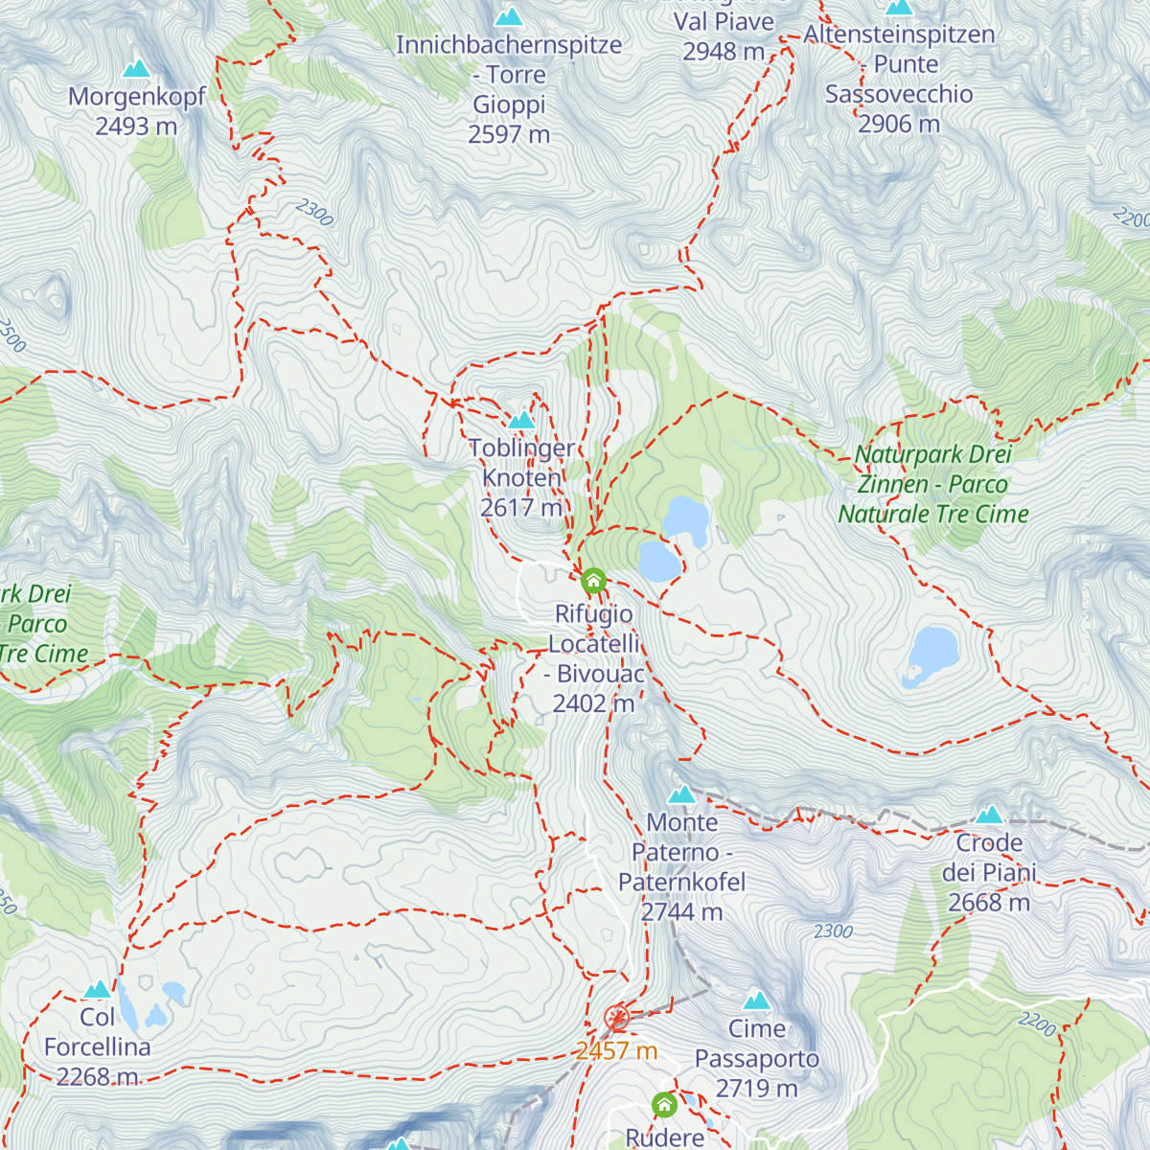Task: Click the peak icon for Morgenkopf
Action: point(137,68)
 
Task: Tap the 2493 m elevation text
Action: point(136,126)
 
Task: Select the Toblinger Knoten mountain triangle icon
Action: point(521,420)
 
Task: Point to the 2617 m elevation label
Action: point(521,507)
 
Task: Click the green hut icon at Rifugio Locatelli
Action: point(593,581)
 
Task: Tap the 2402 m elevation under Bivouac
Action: point(593,703)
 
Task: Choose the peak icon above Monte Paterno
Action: point(681,793)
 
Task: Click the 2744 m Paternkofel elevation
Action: point(681,911)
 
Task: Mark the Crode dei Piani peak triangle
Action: point(989,815)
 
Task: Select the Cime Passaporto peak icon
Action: point(757,1000)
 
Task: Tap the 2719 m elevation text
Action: point(757,1089)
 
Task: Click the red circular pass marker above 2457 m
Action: point(616,1017)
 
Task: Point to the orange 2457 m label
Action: point(616,1051)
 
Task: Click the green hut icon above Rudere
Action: point(664,1105)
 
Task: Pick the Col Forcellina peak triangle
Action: point(97,989)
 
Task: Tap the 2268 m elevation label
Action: point(97,1077)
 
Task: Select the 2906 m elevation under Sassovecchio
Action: point(898,124)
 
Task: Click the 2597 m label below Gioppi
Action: point(509,134)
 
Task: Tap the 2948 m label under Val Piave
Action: point(724,52)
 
